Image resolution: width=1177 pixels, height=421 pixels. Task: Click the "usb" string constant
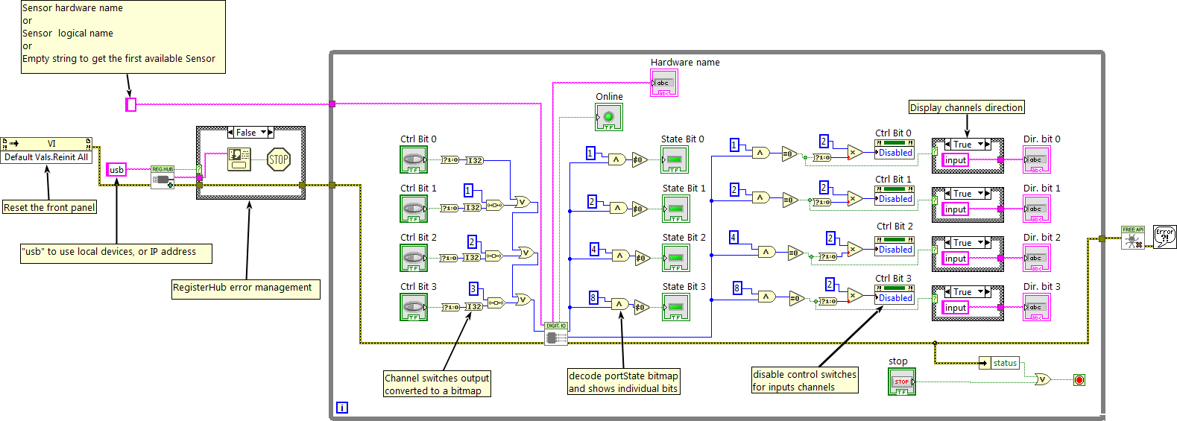(116, 170)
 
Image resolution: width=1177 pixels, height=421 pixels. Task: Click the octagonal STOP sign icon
(278, 159)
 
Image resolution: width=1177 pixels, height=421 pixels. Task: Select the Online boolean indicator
(608, 117)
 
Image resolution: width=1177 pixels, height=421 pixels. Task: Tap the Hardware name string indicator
(663, 83)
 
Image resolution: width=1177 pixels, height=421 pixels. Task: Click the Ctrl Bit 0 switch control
(414, 159)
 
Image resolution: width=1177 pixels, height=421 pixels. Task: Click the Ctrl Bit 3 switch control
(414, 307)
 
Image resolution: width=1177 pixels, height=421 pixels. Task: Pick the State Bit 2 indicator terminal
(675, 258)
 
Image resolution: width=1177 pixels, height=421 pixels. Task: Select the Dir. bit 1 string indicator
(1036, 209)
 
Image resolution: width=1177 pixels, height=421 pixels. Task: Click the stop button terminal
(902, 382)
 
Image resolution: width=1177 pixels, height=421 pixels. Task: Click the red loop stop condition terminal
(1079, 380)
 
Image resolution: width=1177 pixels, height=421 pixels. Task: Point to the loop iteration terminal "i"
(341, 408)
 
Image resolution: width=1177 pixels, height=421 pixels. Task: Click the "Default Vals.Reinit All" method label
(46, 157)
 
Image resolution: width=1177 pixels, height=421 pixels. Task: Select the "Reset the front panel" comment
(49, 208)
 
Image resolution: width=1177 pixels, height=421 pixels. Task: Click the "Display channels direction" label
(966, 107)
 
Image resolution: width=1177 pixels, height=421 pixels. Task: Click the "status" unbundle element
(1004, 363)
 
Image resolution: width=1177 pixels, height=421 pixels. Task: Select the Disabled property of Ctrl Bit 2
(894, 250)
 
